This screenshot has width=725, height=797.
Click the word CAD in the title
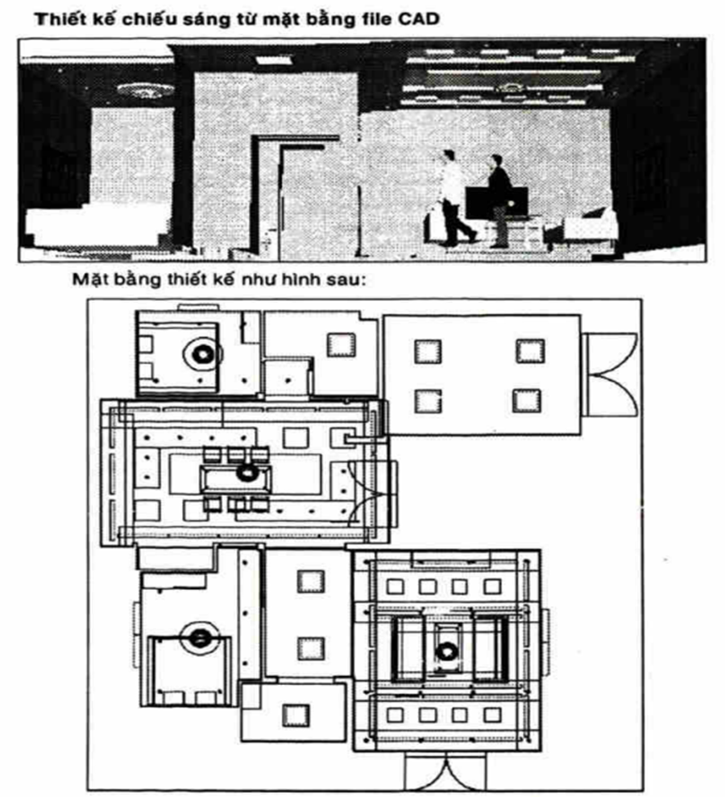point(418,19)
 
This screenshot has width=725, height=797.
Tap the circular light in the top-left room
point(201,352)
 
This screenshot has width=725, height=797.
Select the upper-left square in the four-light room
point(428,350)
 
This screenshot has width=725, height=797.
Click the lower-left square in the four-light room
point(428,399)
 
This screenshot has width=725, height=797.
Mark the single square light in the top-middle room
point(340,345)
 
